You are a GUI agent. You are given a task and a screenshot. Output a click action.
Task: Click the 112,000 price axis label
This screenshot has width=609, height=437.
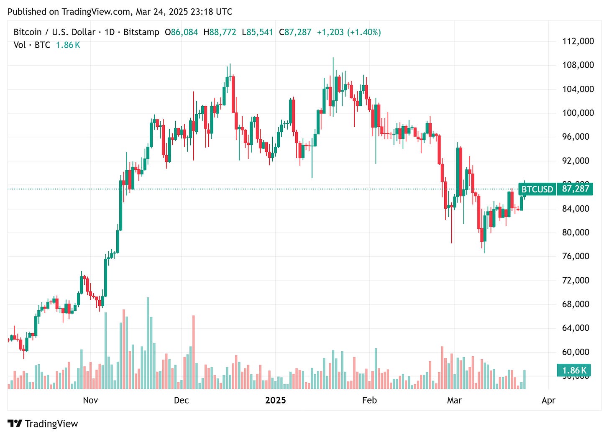pyautogui.click(x=578, y=41)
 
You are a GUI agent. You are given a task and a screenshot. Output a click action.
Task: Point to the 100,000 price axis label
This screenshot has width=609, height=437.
pyautogui.click(x=578, y=113)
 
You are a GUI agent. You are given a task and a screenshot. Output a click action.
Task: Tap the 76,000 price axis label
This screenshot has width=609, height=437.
pyautogui.click(x=578, y=256)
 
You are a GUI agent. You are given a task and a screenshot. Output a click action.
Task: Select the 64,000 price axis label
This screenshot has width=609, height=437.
pyautogui.click(x=578, y=328)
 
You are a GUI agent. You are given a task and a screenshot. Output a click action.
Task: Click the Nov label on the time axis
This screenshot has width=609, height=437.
pyautogui.click(x=90, y=400)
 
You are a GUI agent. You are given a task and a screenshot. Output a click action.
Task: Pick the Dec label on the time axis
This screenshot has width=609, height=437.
pyautogui.click(x=181, y=400)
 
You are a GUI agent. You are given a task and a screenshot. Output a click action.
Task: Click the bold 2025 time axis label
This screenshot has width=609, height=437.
pyautogui.click(x=276, y=400)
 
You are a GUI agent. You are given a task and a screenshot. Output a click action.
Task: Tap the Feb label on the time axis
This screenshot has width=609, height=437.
pyautogui.click(x=369, y=400)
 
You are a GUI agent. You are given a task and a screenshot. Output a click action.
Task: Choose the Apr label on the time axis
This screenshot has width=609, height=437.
pyautogui.click(x=548, y=400)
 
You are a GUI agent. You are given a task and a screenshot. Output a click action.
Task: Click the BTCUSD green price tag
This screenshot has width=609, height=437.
pyautogui.click(x=537, y=189)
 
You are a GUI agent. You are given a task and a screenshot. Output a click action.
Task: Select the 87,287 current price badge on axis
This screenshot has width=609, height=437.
pyautogui.click(x=576, y=189)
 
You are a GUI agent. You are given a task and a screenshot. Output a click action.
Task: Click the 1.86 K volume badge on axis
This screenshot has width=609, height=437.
pyautogui.click(x=574, y=371)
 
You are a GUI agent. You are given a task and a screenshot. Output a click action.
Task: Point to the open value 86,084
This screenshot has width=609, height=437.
pyautogui.click(x=184, y=32)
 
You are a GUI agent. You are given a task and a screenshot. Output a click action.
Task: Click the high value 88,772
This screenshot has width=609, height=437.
pyautogui.click(x=223, y=32)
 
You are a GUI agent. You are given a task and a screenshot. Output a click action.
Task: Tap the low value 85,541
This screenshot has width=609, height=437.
pyautogui.click(x=259, y=32)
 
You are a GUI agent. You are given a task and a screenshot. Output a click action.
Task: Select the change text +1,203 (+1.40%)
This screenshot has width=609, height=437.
pyautogui.click(x=348, y=32)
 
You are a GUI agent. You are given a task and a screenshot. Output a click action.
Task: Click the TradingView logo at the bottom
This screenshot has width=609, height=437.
pyautogui.click(x=43, y=424)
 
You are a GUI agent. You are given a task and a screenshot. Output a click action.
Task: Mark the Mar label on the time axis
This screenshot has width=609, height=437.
pyautogui.click(x=454, y=400)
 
